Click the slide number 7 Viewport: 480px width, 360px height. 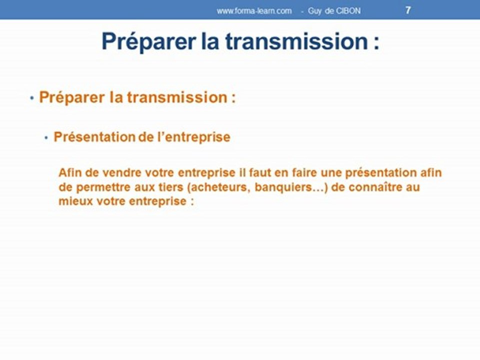point(408,10)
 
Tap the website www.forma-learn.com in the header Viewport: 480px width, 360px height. point(254,10)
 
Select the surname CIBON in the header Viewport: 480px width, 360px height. point(348,10)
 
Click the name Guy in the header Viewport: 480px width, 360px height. point(315,10)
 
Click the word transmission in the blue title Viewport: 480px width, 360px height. point(296,42)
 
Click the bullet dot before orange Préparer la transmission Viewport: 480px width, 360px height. point(32,98)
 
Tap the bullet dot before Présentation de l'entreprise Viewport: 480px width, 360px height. point(46,137)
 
